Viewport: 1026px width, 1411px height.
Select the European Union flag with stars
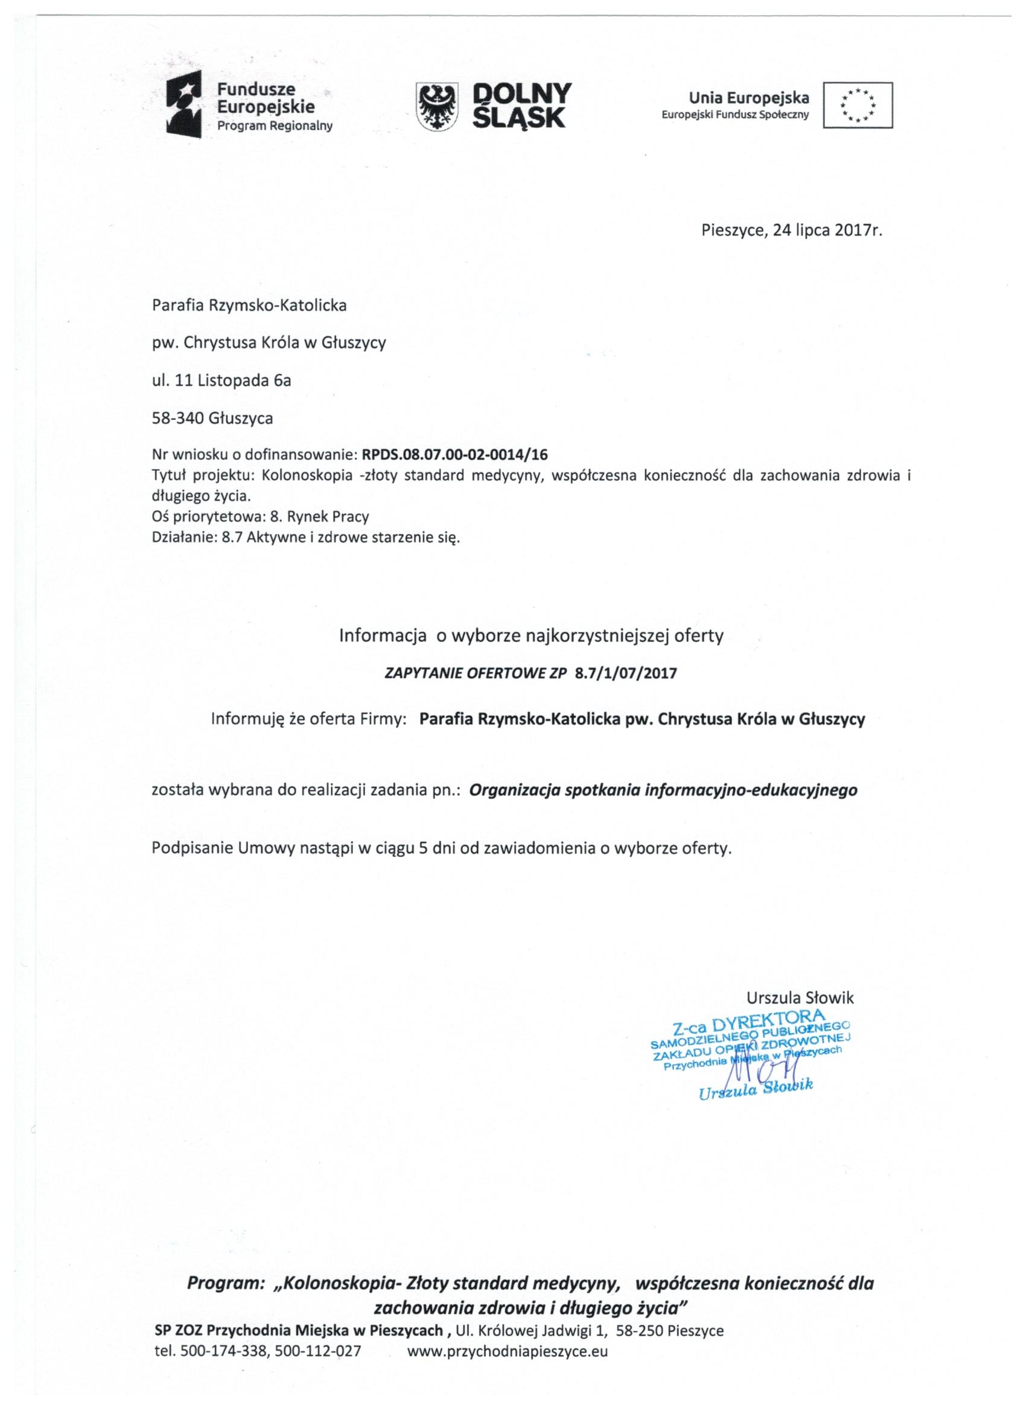pyautogui.click(x=858, y=104)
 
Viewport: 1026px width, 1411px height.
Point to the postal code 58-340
pyautogui.click(x=178, y=418)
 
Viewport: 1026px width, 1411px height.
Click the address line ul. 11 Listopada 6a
pyautogui.click(x=221, y=380)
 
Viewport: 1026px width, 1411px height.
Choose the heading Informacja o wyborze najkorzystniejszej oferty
pyautogui.click(x=531, y=636)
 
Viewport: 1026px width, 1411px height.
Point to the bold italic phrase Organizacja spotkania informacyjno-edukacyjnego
pyautogui.click(x=663, y=790)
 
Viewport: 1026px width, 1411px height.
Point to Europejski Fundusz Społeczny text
pyautogui.click(x=735, y=115)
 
